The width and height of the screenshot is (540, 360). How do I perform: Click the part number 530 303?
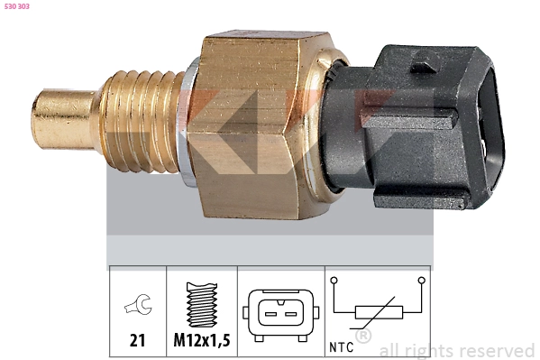click(18, 6)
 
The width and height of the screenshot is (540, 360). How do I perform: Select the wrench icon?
click(137, 308)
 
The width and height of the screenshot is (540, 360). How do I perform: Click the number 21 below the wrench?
click(137, 340)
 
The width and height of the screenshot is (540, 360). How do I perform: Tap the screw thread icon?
click(201, 304)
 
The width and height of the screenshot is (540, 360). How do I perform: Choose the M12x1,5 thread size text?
click(202, 340)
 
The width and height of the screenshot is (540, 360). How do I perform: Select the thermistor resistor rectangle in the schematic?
click(377, 313)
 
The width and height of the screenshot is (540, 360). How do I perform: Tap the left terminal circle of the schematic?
click(334, 282)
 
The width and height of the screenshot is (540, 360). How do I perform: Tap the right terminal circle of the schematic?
click(420, 282)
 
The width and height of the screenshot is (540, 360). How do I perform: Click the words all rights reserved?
click(457, 350)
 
